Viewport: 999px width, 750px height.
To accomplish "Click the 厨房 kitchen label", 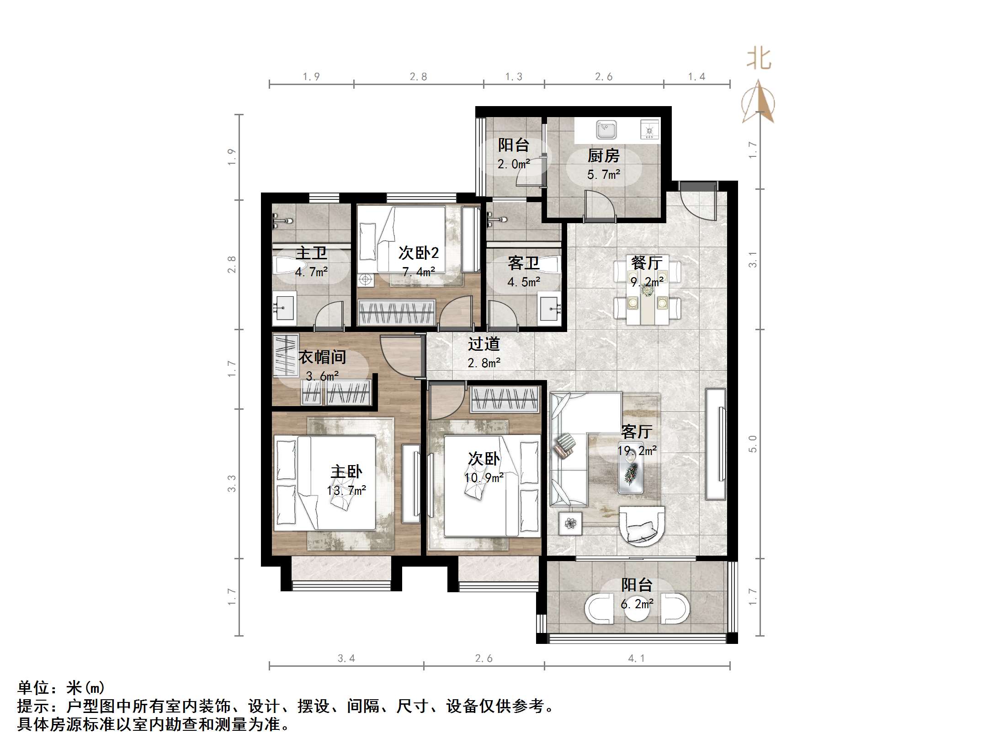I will tap(603, 156).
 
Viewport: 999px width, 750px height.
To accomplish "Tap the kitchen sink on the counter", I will tap(606, 130).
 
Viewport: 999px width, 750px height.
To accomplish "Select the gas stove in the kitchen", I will tap(649, 129).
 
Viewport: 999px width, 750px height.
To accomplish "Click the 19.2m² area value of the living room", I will tap(637, 450).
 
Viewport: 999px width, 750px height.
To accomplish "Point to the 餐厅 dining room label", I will tap(646, 263).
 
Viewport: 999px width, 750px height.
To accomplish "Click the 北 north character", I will tap(759, 59).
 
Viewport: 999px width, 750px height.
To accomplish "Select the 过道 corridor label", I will tap(484, 344).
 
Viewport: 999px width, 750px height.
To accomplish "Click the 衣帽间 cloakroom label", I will tap(322, 357).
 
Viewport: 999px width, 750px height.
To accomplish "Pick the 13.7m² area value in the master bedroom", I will tap(346, 491).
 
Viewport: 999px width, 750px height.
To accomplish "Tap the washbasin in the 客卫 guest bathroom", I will tap(550, 309).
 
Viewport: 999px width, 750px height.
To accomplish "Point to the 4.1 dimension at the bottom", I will tap(636, 658).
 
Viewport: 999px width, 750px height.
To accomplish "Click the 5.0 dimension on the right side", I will tap(753, 444).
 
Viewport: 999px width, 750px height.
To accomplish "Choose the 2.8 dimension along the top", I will tap(418, 77).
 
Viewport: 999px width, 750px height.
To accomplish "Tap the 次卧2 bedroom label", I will tap(418, 252).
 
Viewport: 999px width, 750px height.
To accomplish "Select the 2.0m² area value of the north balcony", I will tap(514, 164).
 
